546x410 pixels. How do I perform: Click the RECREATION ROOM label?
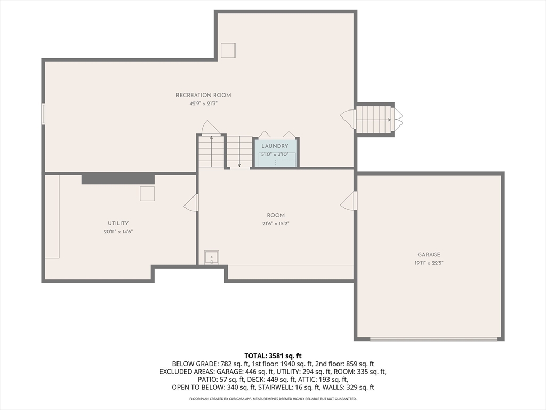[203, 95]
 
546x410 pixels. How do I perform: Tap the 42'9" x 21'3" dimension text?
[203, 104]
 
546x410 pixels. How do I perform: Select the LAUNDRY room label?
[275, 146]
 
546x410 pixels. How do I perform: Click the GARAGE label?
[429, 255]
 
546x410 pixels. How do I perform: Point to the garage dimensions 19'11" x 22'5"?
[429, 263]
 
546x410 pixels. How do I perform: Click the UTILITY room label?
[118, 223]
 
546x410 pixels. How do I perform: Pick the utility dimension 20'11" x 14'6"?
[118, 232]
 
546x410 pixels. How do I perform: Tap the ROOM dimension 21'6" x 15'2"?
[276, 224]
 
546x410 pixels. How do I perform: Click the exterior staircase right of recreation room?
[374, 120]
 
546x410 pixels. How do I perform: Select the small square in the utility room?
[147, 194]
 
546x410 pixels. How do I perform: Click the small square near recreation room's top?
[228, 50]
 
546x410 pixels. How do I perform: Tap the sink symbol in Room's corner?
[212, 257]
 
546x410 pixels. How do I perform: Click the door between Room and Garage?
[350, 201]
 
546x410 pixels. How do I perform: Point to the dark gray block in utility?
[118, 179]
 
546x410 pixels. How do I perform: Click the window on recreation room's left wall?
[43, 114]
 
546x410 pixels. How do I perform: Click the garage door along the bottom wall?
[435, 338]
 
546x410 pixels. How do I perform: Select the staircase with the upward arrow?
[211, 152]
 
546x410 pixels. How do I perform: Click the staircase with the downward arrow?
[239, 152]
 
